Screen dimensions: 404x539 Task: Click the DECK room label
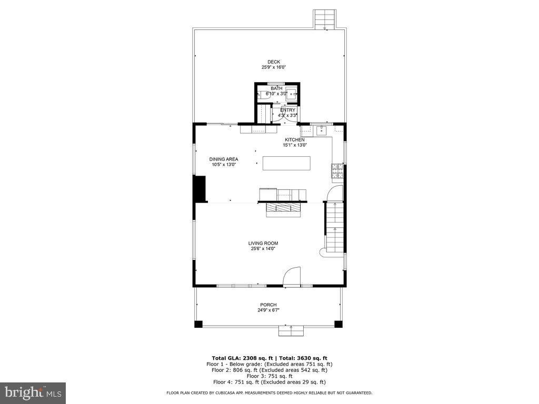(273, 62)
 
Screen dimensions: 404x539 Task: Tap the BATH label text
(276, 88)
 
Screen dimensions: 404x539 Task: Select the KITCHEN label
(294, 139)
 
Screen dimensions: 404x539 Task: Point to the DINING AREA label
(223, 159)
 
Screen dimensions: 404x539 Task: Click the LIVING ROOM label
(263, 243)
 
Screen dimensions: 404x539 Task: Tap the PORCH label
(268, 305)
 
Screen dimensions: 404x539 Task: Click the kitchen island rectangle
(286, 163)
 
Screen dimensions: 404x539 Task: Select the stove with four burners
(336, 170)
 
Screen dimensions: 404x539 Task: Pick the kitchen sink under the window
(321, 129)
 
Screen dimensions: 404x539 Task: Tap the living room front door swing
(292, 277)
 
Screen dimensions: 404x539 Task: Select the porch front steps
(291, 330)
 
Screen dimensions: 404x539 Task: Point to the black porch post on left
(198, 324)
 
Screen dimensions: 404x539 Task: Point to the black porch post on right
(338, 324)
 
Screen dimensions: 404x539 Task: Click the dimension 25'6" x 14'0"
(263, 249)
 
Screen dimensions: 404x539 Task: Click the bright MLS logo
(33, 392)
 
